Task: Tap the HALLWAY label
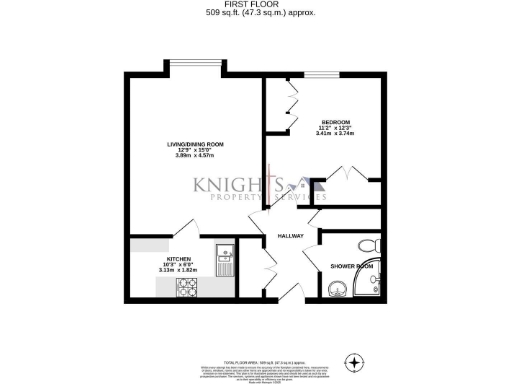tap(290, 236)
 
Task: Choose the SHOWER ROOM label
tap(352, 265)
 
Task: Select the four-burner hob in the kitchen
tap(187, 287)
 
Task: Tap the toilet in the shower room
tap(367, 244)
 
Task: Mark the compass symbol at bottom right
tap(353, 361)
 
